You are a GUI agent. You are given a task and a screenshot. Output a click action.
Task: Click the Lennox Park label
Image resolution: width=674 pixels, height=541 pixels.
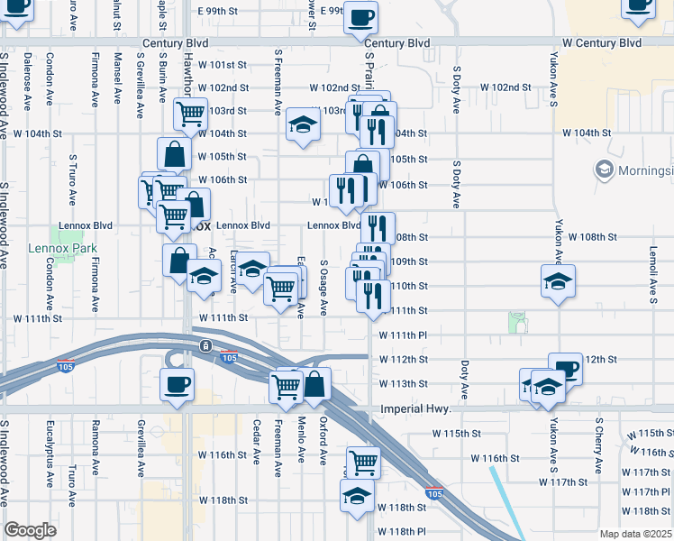[75, 248]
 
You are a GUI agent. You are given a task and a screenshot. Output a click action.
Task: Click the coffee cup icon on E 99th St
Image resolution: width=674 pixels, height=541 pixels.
[360, 17]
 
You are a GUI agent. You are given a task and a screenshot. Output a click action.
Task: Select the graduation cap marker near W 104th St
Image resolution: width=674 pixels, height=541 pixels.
[303, 124]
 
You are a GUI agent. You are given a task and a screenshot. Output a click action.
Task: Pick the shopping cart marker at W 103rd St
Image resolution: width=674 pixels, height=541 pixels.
[191, 114]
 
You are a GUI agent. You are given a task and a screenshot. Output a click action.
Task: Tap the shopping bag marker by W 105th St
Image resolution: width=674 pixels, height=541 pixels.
[174, 153]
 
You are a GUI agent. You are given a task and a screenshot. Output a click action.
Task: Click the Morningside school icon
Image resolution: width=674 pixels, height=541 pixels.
[603, 169]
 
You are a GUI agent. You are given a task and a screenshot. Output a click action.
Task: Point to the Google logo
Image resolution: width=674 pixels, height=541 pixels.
[31, 530]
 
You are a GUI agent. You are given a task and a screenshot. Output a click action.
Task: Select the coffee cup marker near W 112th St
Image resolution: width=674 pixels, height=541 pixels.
[565, 368]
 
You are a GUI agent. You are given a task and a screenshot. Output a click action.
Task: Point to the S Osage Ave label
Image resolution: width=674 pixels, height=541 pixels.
[324, 289]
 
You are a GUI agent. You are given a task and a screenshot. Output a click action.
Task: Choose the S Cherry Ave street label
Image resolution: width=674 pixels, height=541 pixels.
[597, 445]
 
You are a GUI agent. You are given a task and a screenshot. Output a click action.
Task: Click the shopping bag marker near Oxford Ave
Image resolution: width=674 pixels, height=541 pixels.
[315, 384]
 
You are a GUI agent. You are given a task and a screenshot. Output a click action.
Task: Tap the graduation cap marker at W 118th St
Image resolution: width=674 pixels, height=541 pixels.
[357, 496]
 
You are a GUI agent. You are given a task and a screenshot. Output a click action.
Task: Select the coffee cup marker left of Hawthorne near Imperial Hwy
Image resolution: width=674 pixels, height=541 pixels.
[177, 384]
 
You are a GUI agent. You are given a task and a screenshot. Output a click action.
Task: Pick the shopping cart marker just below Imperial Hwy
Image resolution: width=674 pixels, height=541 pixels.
[363, 463]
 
